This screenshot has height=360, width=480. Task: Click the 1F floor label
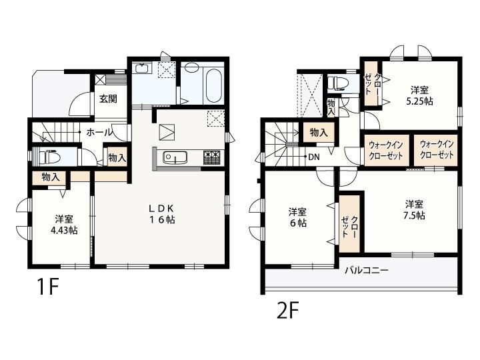pos(47,287)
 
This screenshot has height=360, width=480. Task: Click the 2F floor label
pos(287,310)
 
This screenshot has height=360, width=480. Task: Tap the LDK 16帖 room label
pos(161,214)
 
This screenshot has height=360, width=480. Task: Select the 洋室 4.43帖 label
pos(64,225)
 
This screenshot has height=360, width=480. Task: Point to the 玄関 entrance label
pos(109,99)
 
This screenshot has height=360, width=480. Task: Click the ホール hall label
pos(99,133)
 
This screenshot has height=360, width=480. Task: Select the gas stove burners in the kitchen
pos(211,157)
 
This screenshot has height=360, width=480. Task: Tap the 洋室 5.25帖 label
pos(419,95)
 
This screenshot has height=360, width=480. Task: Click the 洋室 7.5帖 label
pos(414,210)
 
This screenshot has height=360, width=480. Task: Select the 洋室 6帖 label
pos(297,217)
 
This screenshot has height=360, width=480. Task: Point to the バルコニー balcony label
pos(367,270)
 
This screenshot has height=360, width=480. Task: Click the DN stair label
pos(314,157)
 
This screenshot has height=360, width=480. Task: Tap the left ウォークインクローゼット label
pos(386,150)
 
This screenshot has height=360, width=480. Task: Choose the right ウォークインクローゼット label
pos(437,149)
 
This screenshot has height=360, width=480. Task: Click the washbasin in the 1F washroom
pos(142,68)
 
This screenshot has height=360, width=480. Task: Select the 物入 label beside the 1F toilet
pos(117,158)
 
